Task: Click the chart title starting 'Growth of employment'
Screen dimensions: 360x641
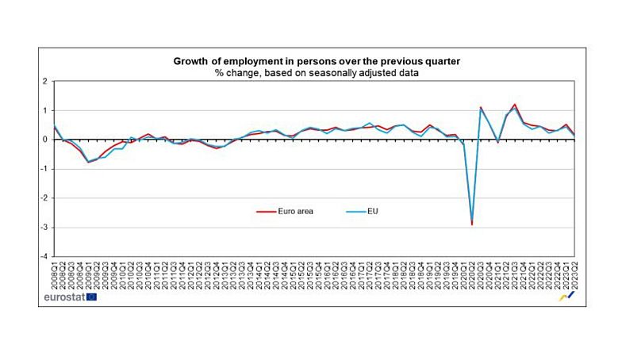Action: [317, 61]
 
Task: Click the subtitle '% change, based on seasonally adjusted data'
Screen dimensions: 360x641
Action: [317, 72]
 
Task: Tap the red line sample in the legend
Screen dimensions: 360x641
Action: [265, 212]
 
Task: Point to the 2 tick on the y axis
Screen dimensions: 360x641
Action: [44, 81]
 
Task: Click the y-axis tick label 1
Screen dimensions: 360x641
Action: [44, 110]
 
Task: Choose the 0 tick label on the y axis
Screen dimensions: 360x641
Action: [44, 140]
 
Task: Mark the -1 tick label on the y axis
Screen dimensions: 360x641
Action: [43, 169]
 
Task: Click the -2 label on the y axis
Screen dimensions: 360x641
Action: [43, 198]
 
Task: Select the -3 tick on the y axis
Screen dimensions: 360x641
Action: [43, 228]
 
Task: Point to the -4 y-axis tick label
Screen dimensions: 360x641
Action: [43, 257]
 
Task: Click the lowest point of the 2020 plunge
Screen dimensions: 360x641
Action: [473, 224]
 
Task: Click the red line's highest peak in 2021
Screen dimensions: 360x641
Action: [516, 104]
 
